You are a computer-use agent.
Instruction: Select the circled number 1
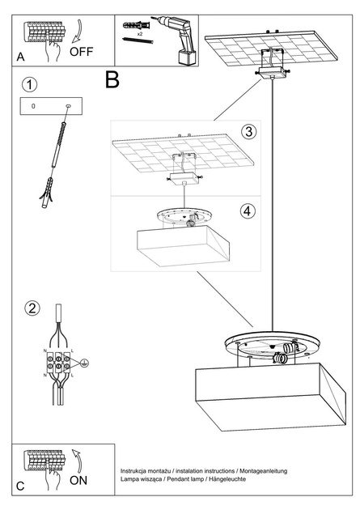click(x=30, y=84)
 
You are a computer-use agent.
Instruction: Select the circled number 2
click(x=32, y=308)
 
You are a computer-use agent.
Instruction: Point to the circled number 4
click(x=248, y=210)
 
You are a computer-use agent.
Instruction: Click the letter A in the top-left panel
click(x=20, y=57)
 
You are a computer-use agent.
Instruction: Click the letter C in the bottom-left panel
click(x=20, y=487)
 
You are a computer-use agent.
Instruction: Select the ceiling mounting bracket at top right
click(x=272, y=65)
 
